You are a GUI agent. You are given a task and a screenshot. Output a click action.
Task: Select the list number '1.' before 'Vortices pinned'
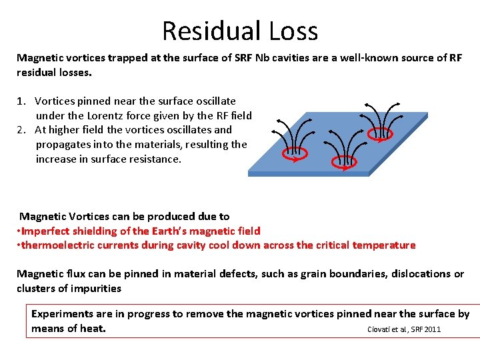click(x=23, y=101)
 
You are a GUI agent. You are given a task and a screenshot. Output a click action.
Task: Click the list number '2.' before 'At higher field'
click(x=23, y=130)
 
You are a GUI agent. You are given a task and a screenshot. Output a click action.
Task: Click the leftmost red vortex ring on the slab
click(x=294, y=153)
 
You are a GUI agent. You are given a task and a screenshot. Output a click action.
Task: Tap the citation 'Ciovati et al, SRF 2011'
click(x=404, y=329)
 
